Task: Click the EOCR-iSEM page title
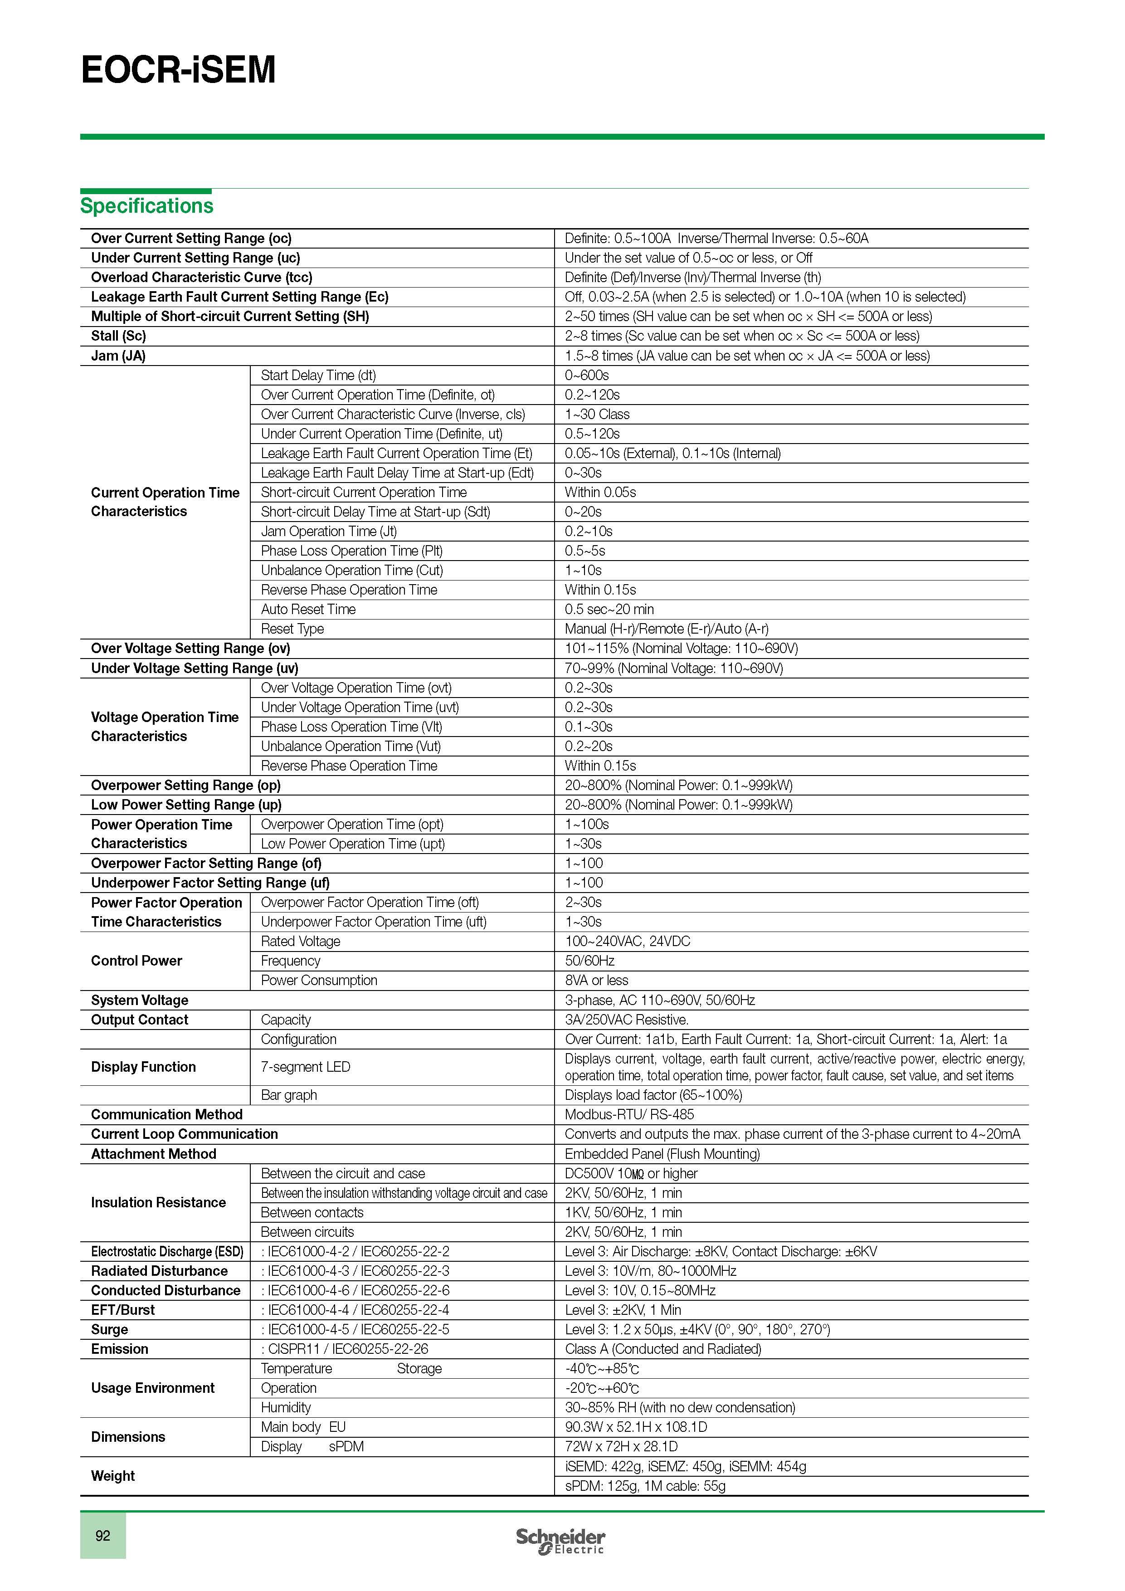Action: [x=178, y=70]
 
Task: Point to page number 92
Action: [x=102, y=1536]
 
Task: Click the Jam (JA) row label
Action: [x=118, y=356]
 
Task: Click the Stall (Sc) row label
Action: [x=118, y=336]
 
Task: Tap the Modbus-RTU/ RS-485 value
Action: [x=629, y=1115]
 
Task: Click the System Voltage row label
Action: [x=139, y=1000]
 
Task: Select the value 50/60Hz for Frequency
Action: [x=589, y=961]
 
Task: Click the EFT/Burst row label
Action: [x=122, y=1310]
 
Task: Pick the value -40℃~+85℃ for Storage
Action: [x=602, y=1369]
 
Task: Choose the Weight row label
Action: [x=113, y=1476]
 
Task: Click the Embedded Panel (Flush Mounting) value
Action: [x=662, y=1154]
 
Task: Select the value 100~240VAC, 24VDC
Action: [x=628, y=942]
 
